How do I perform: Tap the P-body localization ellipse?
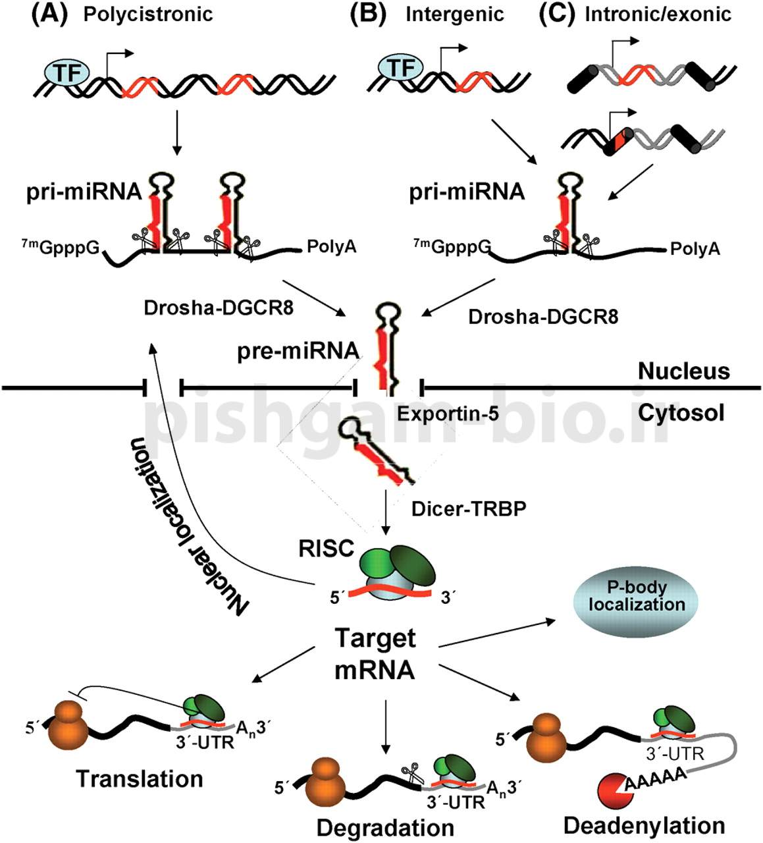[x=637, y=596]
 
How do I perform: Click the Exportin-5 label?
[x=448, y=414]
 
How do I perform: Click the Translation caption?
[x=140, y=778]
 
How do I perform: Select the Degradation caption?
[x=385, y=827]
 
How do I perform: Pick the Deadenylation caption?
[x=644, y=825]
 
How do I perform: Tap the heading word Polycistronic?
[x=148, y=14]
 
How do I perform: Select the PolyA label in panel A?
[x=332, y=248]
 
